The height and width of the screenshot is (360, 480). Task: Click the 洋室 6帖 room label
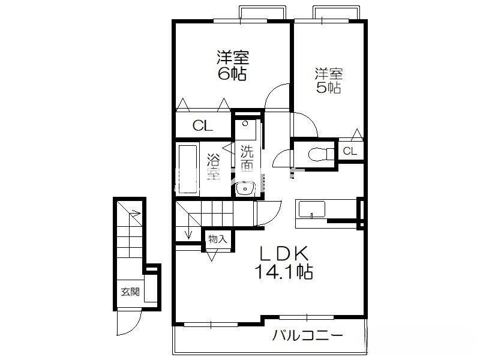tap(232, 65)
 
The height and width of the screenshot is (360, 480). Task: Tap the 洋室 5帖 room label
tap(329, 80)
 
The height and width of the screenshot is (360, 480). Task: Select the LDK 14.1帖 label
tap(284, 262)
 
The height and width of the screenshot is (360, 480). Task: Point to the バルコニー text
tap(307, 335)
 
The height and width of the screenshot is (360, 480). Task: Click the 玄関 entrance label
tap(130, 292)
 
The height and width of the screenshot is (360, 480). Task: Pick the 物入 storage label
tap(218, 239)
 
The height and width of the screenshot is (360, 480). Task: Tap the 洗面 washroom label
tap(247, 158)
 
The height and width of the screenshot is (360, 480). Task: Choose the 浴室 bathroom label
tap(214, 167)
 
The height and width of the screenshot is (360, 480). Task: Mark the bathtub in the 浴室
tap(187, 169)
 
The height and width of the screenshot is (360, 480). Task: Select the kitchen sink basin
tap(311, 209)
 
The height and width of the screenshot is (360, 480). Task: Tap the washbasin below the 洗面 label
tap(245, 188)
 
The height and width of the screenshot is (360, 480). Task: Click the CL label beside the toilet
tap(350, 151)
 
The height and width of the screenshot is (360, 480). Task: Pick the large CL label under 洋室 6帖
tap(203, 125)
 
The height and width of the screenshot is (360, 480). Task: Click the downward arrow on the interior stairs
tap(188, 232)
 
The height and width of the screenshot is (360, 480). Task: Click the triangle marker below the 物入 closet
tap(212, 255)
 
